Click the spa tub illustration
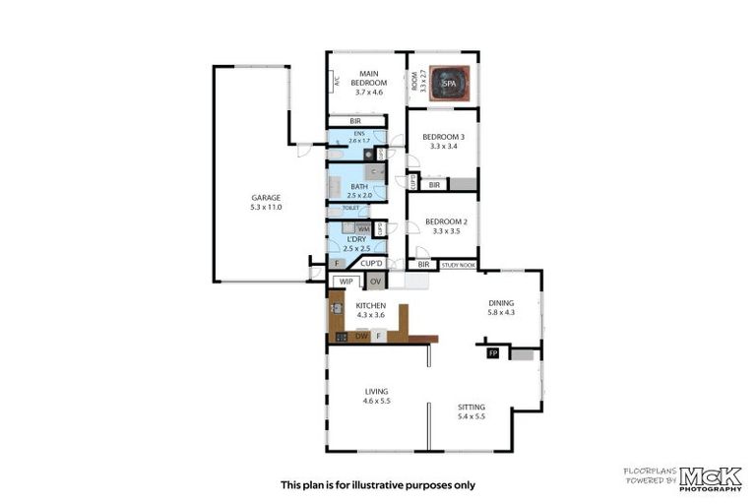[449, 83]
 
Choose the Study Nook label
[459, 265]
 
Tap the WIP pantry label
[345, 282]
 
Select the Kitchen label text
[370, 310]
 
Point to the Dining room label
[501, 307]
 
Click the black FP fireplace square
[493, 352]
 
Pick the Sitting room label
[472, 411]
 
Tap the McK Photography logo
[711, 476]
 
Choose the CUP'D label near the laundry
[371, 263]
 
